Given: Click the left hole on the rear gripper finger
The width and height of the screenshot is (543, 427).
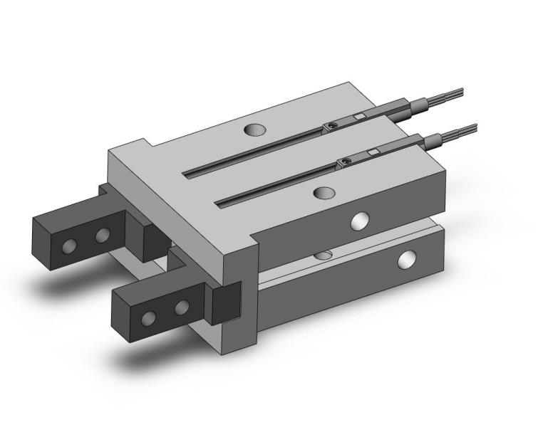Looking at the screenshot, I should click(x=69, y=246).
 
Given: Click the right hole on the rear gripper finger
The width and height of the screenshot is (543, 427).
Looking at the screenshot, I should click(x=103, y=234).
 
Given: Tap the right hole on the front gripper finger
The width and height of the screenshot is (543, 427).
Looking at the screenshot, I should click(x=182, y=307).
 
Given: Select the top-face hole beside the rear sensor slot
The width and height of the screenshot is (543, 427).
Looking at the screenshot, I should click(x=254, y=130).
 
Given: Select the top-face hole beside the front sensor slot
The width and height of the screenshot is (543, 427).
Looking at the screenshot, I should click(x=324, y=193).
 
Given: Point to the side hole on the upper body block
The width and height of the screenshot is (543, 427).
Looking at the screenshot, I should click(x=361, y=221).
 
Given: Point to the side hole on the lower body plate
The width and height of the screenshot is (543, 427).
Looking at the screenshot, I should click(x=408, y=260).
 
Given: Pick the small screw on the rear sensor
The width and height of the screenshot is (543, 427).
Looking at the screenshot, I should click(x=331, y=127).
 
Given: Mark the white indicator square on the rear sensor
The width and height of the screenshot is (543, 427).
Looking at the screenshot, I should click(x=360, y=116).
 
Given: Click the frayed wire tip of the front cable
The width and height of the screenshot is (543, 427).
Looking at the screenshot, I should click(x=466, y=129).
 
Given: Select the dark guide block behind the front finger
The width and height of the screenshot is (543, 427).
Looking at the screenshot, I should click(x=227, y=301).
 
